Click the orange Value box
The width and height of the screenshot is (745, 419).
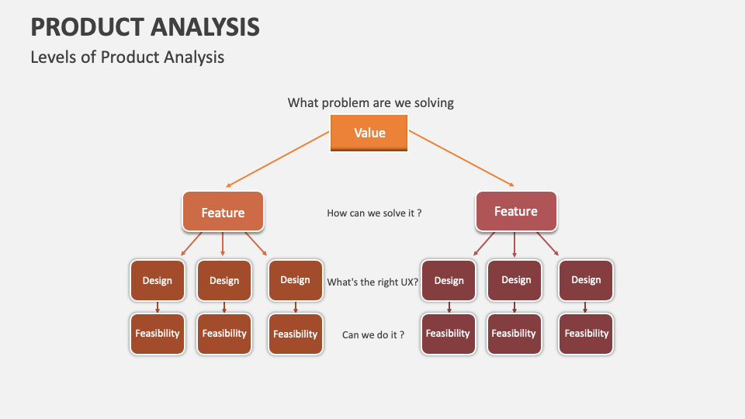[369, 133]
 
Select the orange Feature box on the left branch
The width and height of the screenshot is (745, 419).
[223, 212]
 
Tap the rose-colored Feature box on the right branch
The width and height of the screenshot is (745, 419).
[515, 211]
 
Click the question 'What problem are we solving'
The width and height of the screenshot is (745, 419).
[370, 102]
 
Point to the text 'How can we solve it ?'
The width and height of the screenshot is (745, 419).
[374, 213]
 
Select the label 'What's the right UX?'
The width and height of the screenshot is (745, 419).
[372, 282]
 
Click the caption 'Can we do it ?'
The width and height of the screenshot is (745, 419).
[372, 335]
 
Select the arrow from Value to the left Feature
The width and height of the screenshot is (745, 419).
[278, 159]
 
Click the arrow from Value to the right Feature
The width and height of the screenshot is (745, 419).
[462, 158]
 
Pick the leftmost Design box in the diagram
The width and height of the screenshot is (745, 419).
[157, 280]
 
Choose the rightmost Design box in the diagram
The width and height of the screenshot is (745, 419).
[586, 280]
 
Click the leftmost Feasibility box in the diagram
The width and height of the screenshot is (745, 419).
[157, 334]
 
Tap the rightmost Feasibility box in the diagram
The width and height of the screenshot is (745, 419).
[586, 334]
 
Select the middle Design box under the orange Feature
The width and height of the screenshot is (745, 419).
[224, 280]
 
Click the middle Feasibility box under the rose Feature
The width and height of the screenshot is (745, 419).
[514, 334]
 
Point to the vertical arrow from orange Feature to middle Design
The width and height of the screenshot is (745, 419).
[223, 244]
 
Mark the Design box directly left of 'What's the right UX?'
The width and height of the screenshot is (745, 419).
[295, 280]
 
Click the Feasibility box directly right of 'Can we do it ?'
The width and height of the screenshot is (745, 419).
[448, 334]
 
